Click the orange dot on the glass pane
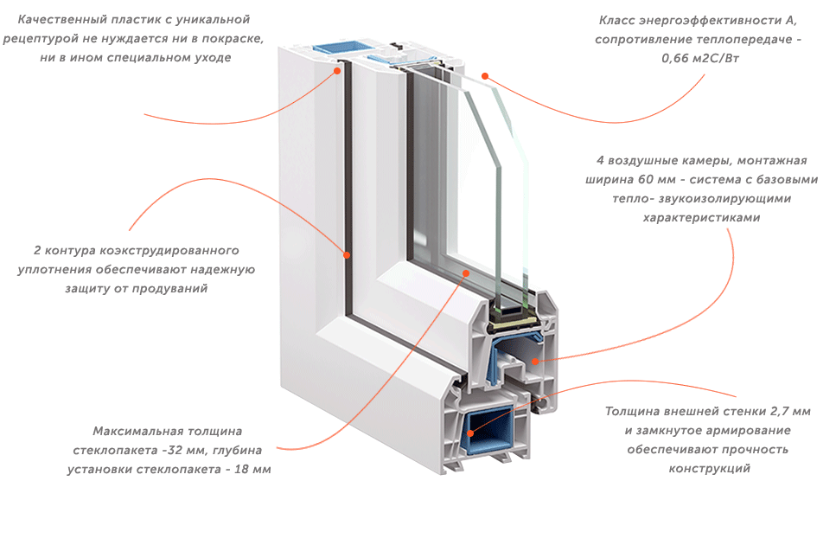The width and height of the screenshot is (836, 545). click(485, 76)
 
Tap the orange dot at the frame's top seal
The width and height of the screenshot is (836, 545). click(337, 70)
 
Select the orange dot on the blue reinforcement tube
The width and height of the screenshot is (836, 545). click(470, 433)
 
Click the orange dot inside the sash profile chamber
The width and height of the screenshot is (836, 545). click(535, 361)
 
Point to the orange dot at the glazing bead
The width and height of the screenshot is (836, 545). click(466, 273)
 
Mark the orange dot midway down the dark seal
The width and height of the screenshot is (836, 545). click(347, 255)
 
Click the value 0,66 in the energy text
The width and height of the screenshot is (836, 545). click(675, 59)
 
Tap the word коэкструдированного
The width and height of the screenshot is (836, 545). click(169, 251)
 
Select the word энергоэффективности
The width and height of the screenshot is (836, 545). click(710, 21)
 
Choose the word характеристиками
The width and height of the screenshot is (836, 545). click(702, 218)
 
